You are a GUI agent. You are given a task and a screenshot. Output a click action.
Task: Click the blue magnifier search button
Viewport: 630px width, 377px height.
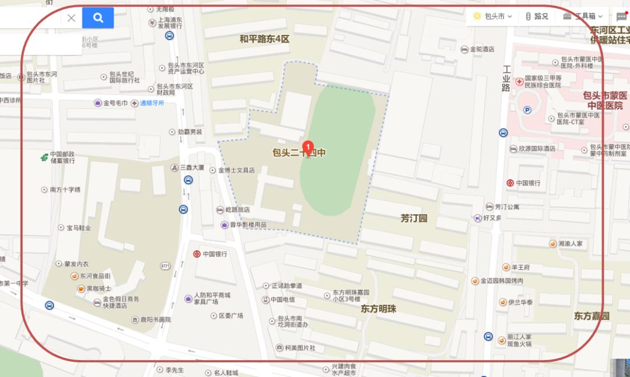[98, 18]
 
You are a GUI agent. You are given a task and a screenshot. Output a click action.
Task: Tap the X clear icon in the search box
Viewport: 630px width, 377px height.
[71, 18]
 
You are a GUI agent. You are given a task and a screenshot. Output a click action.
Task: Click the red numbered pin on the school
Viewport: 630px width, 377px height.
[307, 146]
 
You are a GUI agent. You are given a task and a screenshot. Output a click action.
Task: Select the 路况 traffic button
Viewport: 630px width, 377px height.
[537, 16]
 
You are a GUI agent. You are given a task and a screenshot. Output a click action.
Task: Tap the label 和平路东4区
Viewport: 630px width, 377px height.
[264, 39]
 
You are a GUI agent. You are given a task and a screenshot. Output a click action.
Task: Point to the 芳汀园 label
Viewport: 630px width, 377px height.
[414, 218]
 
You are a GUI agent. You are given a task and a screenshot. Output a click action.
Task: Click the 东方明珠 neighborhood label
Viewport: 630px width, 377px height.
[378, 308]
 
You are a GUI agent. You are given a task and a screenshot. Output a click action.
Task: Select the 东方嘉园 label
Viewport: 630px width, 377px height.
[591, 316]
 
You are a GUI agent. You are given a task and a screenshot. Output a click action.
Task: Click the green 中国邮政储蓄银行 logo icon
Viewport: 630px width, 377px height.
[44, 157]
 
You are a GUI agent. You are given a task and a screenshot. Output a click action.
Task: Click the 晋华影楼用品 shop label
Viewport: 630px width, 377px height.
[247, 225]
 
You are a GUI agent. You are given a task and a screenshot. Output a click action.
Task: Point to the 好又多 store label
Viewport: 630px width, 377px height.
[492, 218]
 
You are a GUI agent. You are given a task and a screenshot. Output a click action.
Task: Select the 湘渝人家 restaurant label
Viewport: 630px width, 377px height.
[570, 243]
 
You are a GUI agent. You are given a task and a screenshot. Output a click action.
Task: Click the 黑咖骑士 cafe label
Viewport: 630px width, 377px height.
[98, 288]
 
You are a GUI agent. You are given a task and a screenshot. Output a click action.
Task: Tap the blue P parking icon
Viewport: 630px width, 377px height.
[527, 110]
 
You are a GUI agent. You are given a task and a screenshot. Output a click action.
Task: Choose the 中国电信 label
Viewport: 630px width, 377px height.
[282, 299]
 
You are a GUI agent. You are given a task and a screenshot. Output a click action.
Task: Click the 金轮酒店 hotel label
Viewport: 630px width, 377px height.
[482, 50]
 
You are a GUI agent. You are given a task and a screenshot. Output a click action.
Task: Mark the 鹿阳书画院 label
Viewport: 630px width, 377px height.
[150, 320]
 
